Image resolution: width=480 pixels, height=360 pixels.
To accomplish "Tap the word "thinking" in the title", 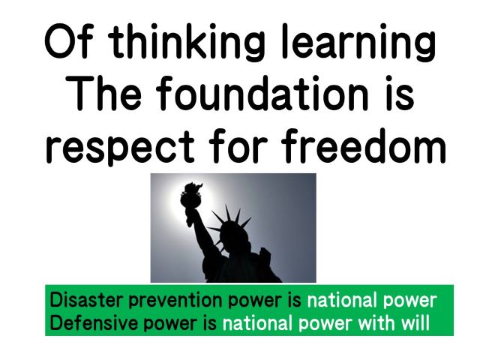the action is [x=187, y=42].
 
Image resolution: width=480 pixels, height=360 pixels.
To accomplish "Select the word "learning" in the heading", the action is [x=358, y=42].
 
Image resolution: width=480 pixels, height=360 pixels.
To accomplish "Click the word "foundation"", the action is [x=262, y=92].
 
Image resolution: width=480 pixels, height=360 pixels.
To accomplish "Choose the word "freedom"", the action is [x=363, y=145].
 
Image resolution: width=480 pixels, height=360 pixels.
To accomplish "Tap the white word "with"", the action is [x=377, y=322].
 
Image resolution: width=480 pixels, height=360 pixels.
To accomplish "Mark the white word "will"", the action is [x=415, y=322].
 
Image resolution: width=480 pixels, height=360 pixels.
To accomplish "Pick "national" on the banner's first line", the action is [x=343, y=300].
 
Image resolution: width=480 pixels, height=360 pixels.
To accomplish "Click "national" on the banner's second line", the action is [x=258, y=322].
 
